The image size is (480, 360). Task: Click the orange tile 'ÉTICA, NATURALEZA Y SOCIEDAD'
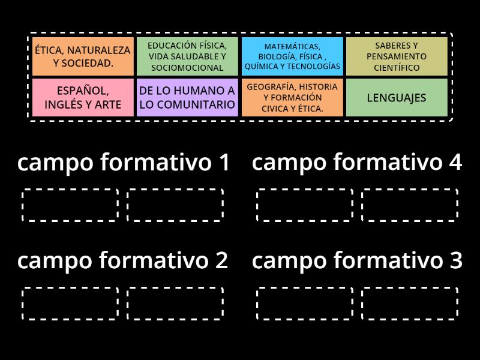[83, 56]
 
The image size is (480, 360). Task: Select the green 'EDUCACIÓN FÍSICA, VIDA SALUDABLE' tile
[187, 56]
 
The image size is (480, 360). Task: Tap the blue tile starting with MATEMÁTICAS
[292, 56]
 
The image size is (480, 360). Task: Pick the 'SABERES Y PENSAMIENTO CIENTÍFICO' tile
[397, 56]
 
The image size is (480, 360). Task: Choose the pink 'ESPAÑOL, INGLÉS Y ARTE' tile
[83, 97]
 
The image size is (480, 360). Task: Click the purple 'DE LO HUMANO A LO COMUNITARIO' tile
[187, 97]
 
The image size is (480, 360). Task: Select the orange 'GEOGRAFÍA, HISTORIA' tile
[292, 97]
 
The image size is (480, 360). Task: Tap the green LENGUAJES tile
[397, 97]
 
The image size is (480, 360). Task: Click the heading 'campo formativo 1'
[124, 162]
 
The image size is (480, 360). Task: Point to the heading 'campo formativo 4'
[357, 162]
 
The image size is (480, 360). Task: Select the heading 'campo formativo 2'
[123, 260]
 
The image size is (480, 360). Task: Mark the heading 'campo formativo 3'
[357, 260]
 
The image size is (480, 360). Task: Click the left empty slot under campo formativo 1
[70, 205]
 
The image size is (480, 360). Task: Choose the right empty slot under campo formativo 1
[175, 205]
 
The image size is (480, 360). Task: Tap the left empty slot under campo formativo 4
[305, 205]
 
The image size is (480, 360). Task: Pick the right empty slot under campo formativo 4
[410, 205]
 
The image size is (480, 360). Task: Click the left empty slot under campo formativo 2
[70, 304]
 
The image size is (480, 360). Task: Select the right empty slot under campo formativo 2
[175, 304]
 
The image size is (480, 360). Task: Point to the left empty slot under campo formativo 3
[305, 304]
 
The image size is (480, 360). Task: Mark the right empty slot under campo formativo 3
[410, 304]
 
